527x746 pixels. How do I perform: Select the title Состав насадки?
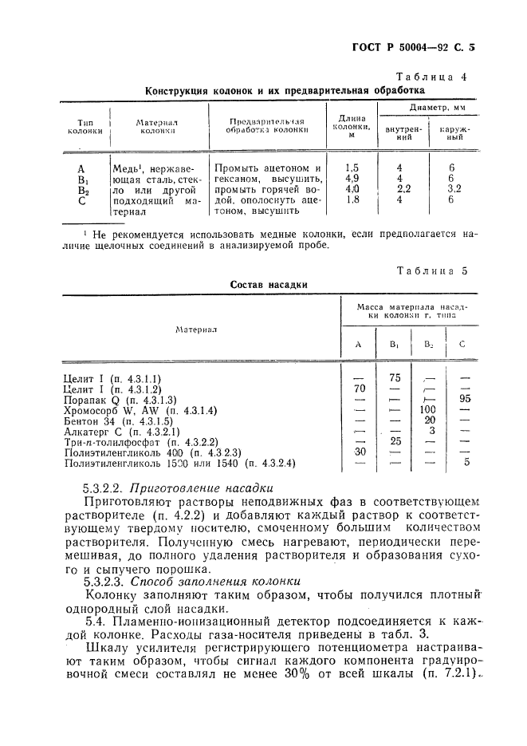(x=269, y=284)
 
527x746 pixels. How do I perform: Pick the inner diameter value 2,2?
(x=404, y=190)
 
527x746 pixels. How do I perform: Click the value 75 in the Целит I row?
(x=394, y=377)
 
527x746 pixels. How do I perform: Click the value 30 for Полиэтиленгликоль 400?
(x=358, y=451)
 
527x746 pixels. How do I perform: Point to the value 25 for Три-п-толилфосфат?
(x=394, y=440)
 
